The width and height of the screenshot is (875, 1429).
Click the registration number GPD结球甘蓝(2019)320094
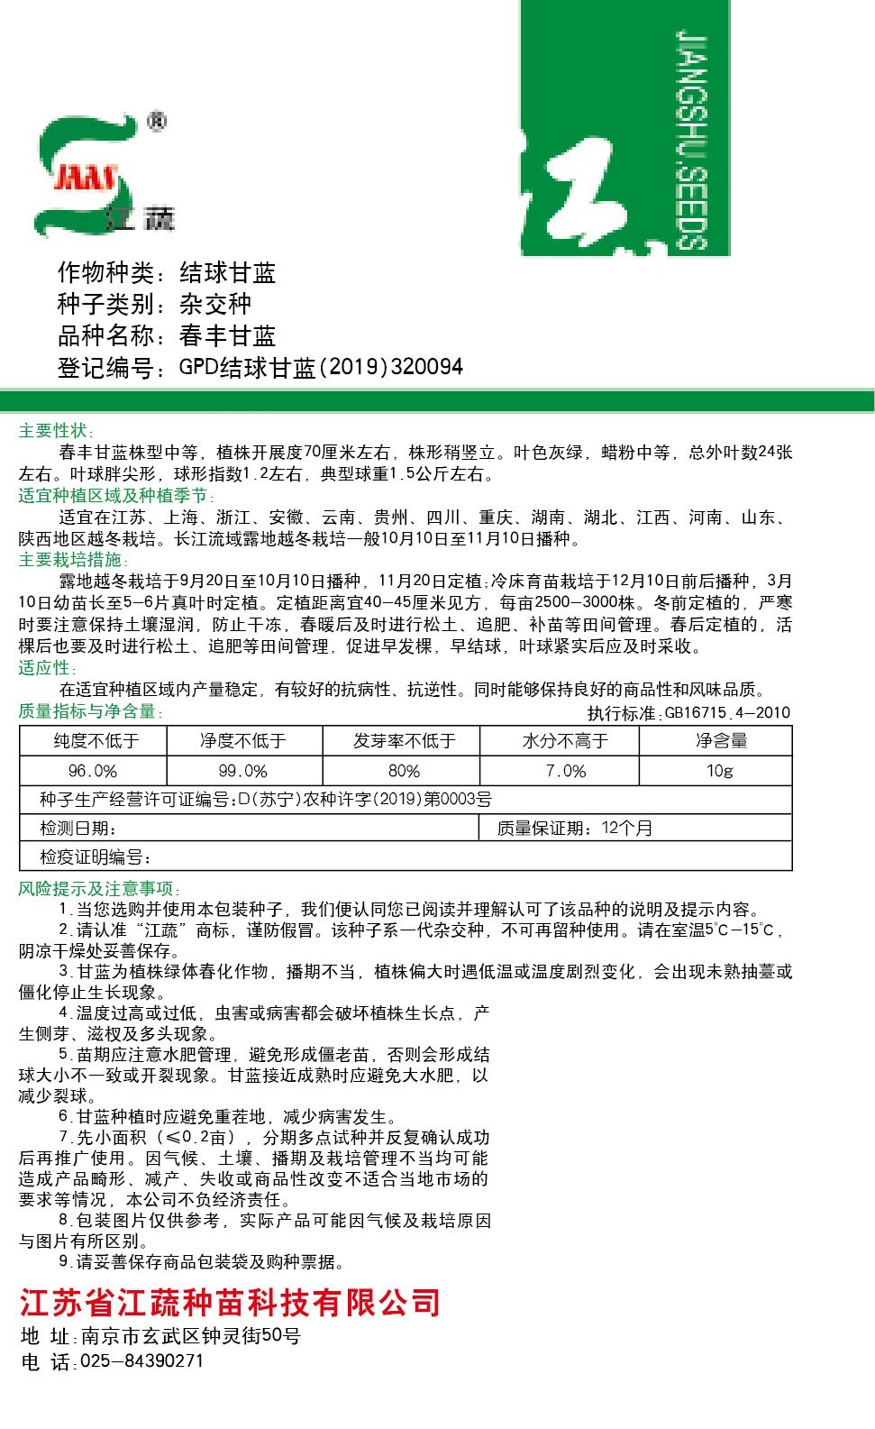pos(321,367)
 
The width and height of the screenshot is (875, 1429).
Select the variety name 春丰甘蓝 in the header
pos(227,336)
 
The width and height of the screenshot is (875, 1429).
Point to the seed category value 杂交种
pos(215,305)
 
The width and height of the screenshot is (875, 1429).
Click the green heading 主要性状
pos(56,431)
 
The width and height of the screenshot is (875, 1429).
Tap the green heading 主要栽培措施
pos(69,560)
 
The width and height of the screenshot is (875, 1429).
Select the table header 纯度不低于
pos(94,741)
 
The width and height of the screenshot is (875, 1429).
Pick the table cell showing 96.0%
pos(93,771)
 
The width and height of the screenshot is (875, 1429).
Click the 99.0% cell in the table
pos(243,771)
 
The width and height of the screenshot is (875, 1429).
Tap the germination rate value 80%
pos(404,771)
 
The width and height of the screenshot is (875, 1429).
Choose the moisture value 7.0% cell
pos(566,771)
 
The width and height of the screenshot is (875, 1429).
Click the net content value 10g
pos(719,771)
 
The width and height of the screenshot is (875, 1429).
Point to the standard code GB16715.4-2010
pos(728,713)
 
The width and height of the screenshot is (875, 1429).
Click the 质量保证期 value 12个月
pos(627,828)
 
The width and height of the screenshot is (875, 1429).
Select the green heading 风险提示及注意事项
pos(100,889)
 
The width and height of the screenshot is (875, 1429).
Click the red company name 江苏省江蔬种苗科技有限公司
pos(231,1303)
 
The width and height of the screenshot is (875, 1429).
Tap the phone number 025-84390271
pos(142,1360)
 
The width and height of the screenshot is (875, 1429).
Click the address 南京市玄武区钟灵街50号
pos(190,1335)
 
